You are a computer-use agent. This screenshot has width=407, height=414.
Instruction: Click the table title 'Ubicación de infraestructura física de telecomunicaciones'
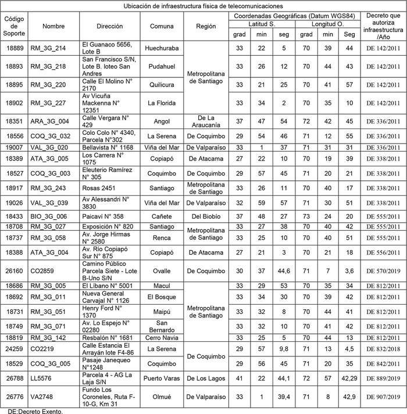click(203, 5)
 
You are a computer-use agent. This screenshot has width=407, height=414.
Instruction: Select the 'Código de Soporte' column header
click(14, 27)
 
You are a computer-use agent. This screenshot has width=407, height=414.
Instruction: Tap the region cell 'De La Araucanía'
click(206, 121)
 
